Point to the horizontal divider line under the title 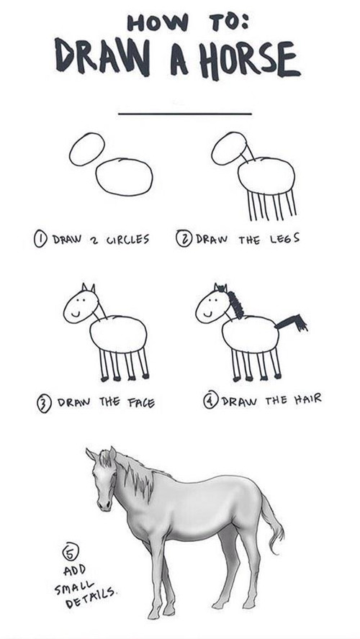pos(185,114)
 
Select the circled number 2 pos(184,238)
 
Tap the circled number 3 pos(45,404)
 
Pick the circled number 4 pos(211,400)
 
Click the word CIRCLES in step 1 pos(128,239)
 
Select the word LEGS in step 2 pos(284,238)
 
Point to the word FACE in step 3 pos(141,404)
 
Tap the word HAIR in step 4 pos(307,399)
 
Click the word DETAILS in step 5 pos(91,598)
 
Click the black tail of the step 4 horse pos(292,322)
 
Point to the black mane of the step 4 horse pos(235,304)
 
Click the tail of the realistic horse pos(272,526)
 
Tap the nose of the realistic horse pos(104,505)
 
